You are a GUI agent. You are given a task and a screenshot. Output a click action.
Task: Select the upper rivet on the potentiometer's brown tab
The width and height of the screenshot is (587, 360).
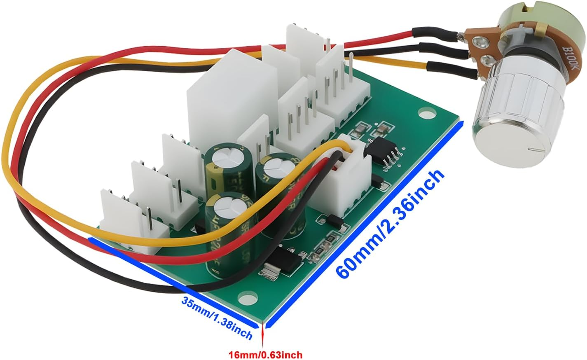click(x=479, y=41)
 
